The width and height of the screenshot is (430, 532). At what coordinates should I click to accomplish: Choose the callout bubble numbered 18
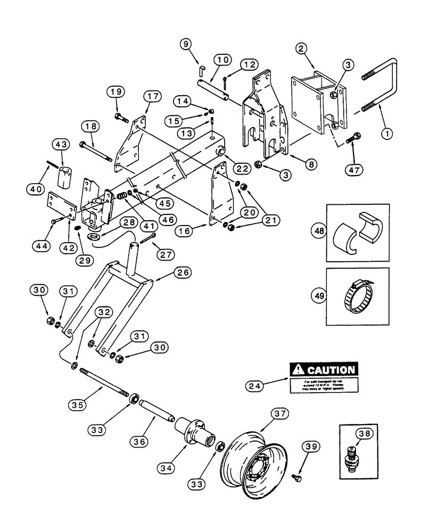[90, 127]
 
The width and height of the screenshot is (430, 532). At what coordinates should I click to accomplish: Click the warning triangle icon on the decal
[296, 369]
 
